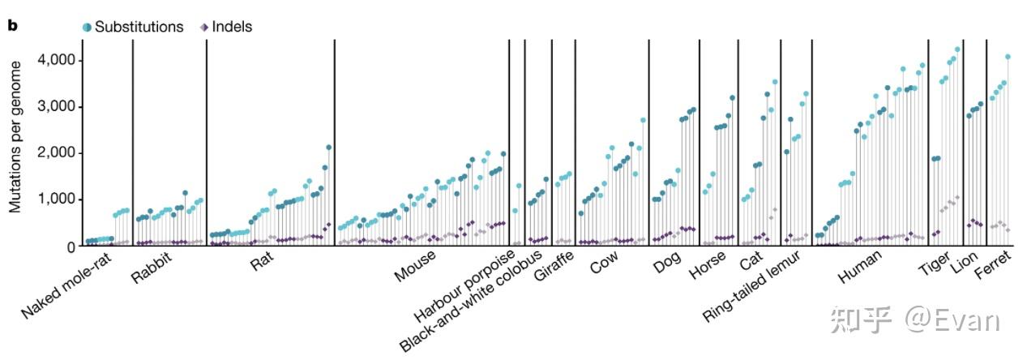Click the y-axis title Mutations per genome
coord(15,142)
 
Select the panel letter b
coord(12,26)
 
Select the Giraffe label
coord(554,268)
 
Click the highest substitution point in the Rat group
coord(328,148)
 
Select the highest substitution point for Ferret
coord(1008,57)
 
